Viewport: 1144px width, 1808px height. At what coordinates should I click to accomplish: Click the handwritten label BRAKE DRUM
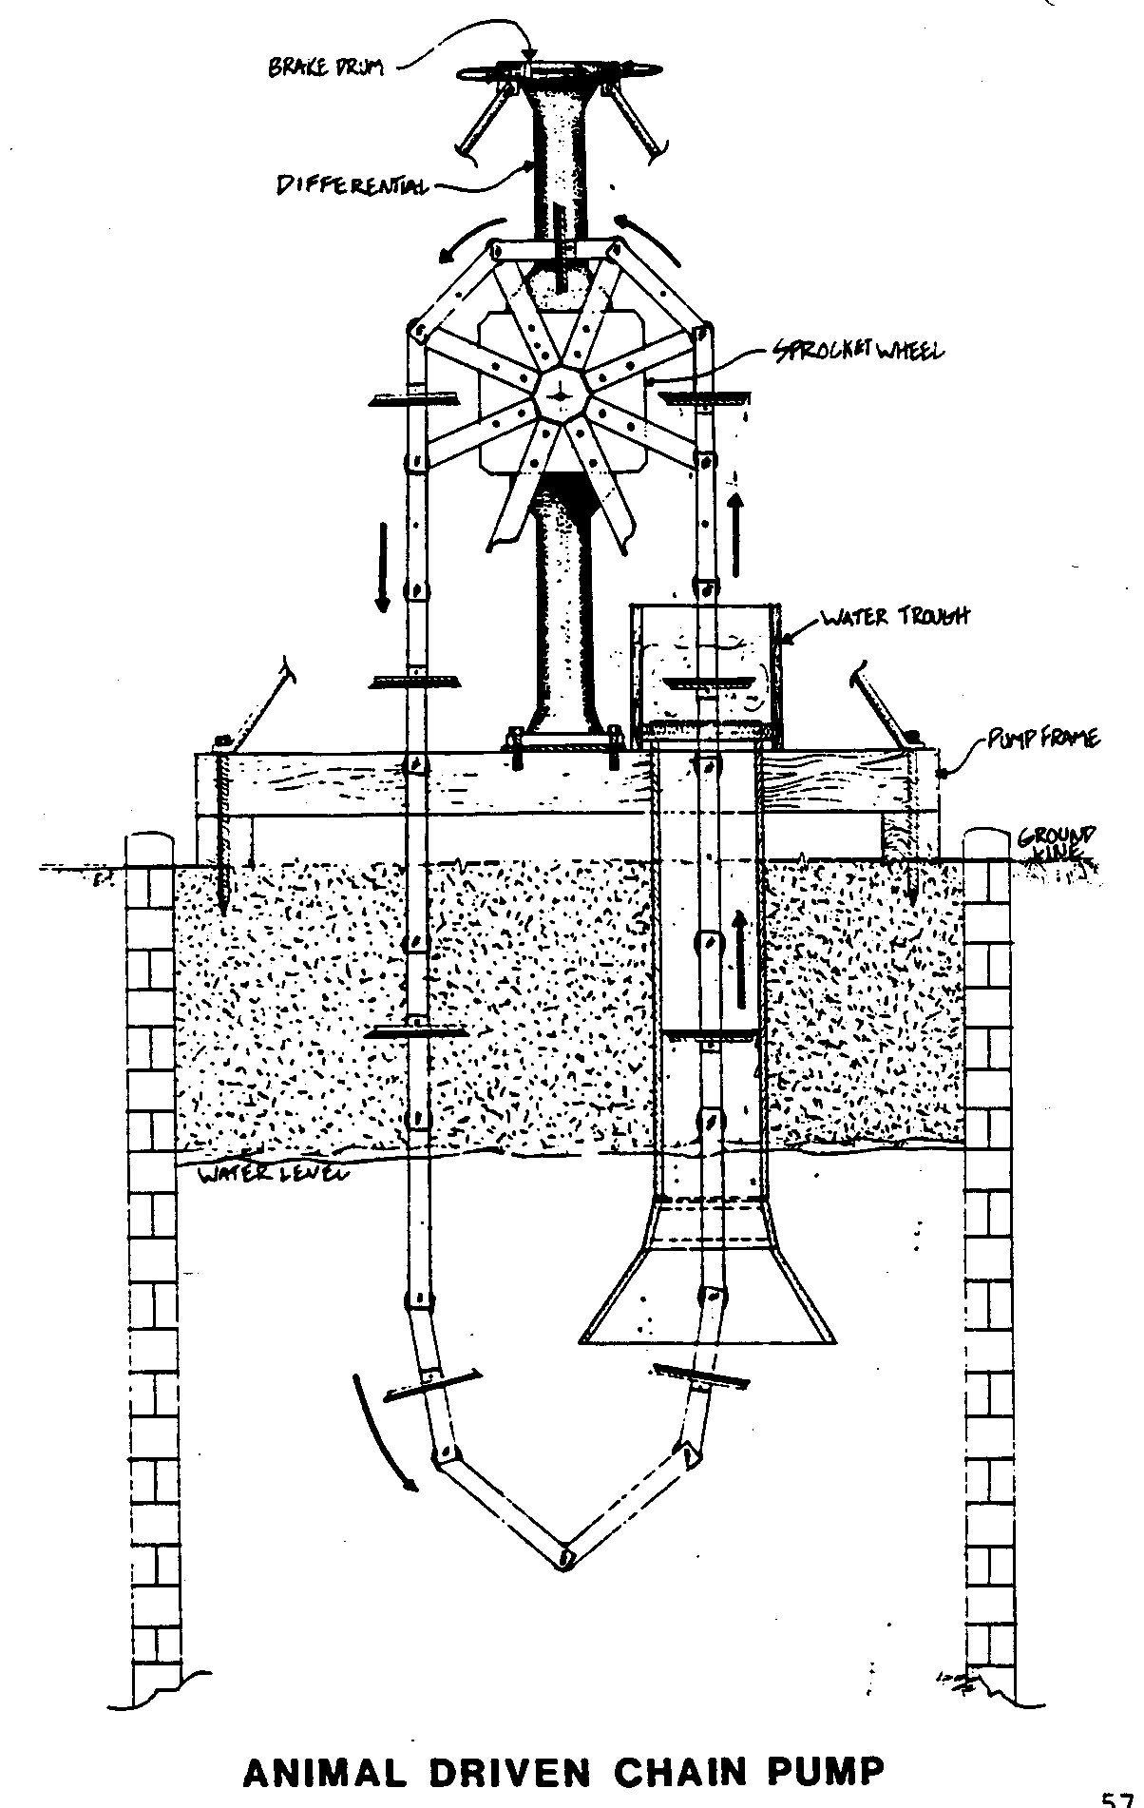[326, 67]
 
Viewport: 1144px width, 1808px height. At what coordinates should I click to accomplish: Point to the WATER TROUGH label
[894, 617]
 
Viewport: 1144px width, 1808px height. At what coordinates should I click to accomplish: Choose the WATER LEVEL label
[272, 1175]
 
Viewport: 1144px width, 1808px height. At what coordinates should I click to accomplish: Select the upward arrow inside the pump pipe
[739, 960]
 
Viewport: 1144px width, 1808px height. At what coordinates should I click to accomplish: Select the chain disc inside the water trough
[708, 683]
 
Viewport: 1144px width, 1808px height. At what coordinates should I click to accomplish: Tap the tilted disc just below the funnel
[701, 1374]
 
